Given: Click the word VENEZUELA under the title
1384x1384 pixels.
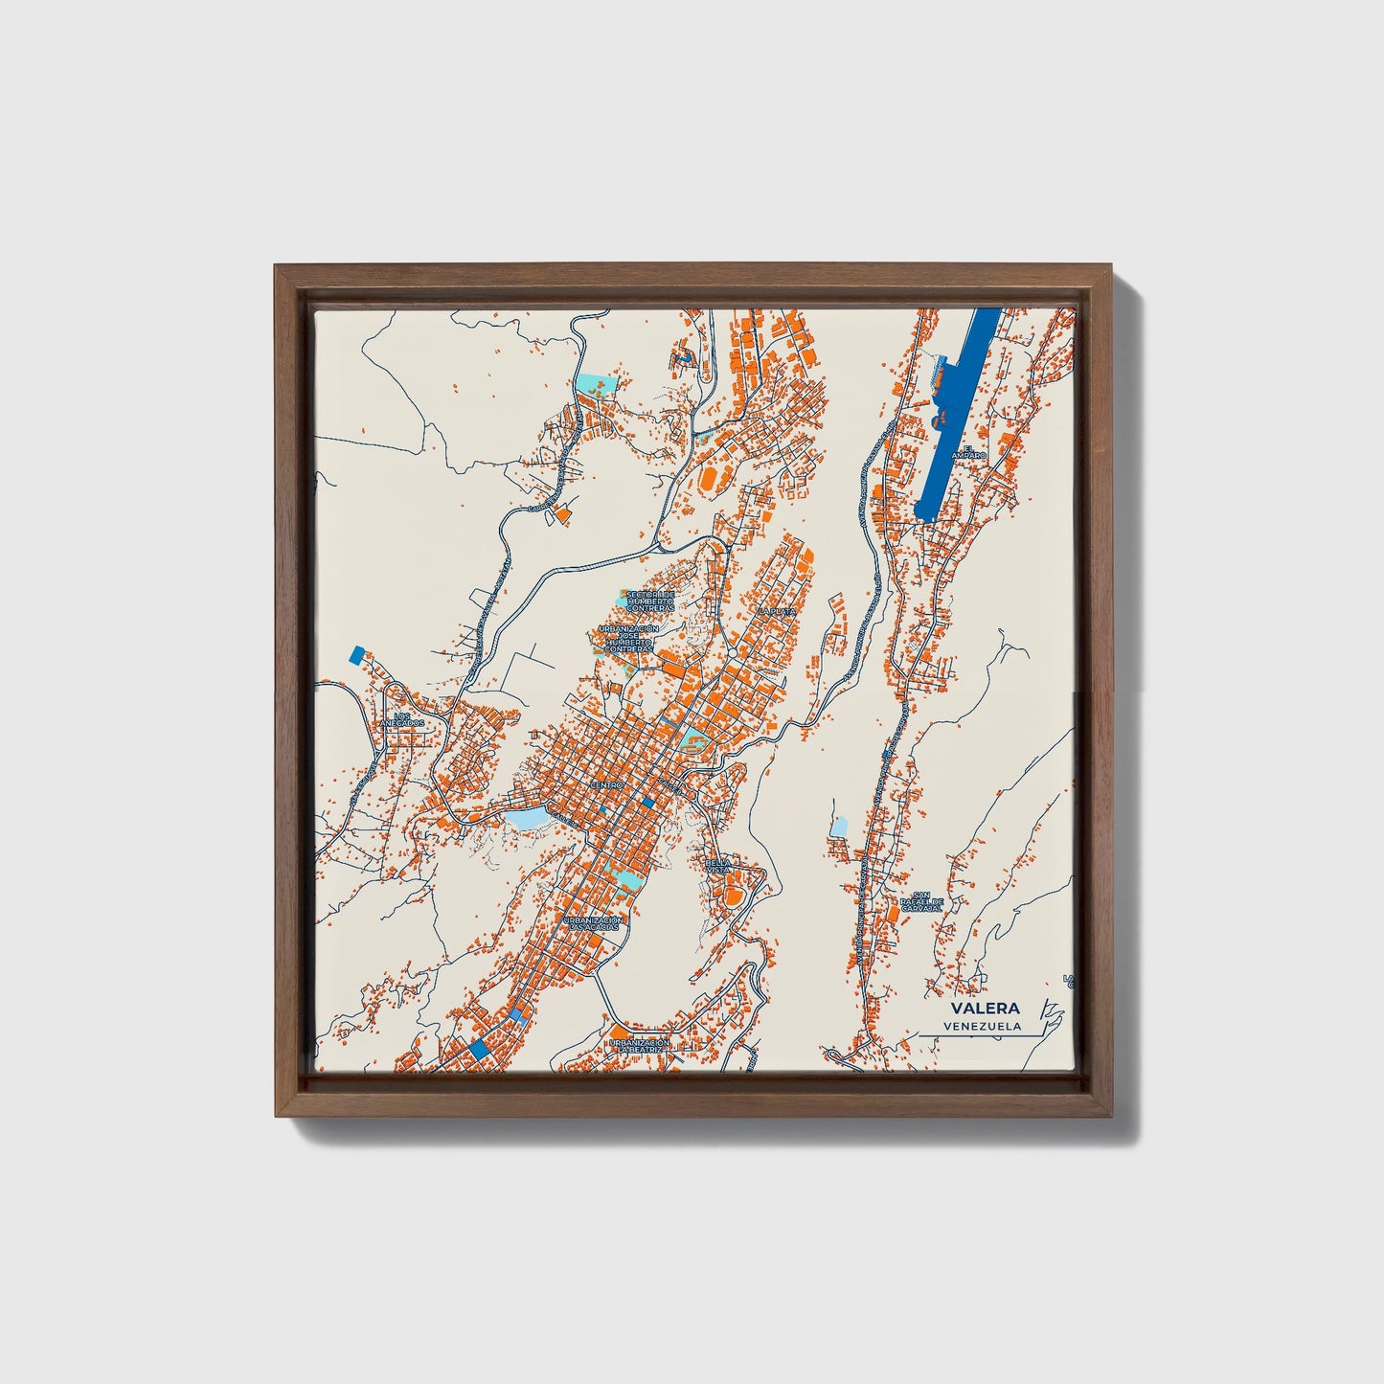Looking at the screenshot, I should point(982,1027).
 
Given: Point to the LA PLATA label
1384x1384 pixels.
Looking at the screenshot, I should point(777,610).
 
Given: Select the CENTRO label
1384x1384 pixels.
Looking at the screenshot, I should point(606,785).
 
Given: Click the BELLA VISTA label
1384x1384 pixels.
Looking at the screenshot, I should point(718,865).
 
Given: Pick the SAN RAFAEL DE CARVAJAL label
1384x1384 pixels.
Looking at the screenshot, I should point(921,901).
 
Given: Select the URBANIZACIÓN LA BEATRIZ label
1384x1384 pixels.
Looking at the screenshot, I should point(639,1046).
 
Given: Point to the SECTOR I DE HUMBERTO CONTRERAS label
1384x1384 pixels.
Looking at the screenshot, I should point(650,601).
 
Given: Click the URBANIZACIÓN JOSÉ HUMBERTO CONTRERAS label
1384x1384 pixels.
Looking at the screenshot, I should point(628,639).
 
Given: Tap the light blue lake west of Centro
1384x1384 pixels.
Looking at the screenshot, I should point(525,819).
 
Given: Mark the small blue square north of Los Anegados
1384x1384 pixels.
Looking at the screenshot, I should point(358,655).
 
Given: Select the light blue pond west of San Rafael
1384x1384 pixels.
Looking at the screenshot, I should point(839,826).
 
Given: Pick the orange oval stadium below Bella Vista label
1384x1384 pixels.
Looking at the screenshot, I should point(733,896).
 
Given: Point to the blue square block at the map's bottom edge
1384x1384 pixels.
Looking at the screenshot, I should point(479,1049).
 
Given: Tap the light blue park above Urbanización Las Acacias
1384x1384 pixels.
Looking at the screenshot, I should point(623,874).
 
